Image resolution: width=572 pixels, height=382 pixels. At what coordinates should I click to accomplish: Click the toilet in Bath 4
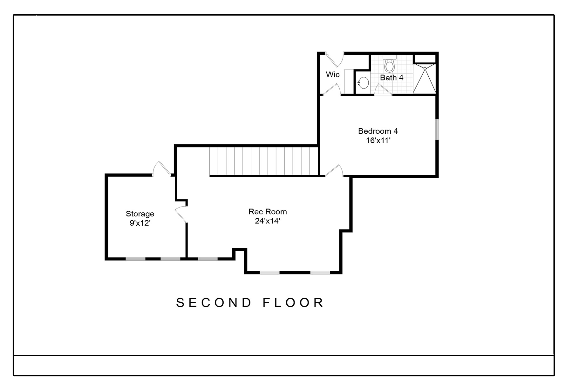tap(389, 65)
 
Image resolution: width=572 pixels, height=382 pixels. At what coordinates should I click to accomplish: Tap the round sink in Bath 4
tap(363, 83)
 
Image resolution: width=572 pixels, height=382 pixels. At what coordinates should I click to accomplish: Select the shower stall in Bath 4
tap(424, 79)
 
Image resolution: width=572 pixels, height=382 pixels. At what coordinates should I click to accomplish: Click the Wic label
tap(333, 74)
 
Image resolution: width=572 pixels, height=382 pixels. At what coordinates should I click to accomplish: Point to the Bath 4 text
tap(392, 78)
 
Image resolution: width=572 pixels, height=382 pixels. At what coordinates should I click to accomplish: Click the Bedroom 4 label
tap(378, 131)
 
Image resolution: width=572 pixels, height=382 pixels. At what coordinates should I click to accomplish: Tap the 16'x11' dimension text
tap(378, 140)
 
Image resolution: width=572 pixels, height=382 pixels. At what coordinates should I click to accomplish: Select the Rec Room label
tap(268, 212)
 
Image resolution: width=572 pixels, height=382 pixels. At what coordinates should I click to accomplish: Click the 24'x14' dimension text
tap(268, 221)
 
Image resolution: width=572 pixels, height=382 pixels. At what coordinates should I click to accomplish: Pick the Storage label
tap(140, 214)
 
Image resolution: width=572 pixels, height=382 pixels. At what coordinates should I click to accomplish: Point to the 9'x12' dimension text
tap(140, 223)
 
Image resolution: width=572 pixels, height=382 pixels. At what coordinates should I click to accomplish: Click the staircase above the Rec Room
tap(264, 161)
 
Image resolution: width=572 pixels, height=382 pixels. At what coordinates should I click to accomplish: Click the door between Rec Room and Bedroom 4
tap(334, 171)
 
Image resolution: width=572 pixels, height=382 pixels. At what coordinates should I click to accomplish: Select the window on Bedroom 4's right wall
tap(437, 130)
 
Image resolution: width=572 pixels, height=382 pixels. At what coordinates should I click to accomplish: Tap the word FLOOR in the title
tap(293, 303)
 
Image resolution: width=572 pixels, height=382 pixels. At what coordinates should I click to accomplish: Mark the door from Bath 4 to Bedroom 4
tap(383, 90)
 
